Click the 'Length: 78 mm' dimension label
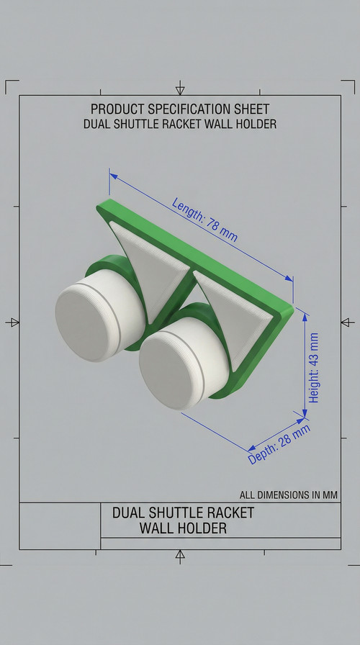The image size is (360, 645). (x=204, y=219)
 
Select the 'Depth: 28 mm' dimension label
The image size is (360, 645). (x=279, y=444)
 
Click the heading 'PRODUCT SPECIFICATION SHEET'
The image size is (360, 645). (x=180, y=109)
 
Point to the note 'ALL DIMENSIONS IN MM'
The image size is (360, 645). (x=289, y=495)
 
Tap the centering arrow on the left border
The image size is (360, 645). (x=13, y=322)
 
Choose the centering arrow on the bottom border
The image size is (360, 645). (x=180, y=555)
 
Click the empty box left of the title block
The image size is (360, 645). (x=59, y=526)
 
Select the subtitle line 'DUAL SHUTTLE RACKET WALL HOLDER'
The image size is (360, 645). (x=180, y=124)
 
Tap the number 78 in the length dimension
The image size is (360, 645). (x=213, y=223)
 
